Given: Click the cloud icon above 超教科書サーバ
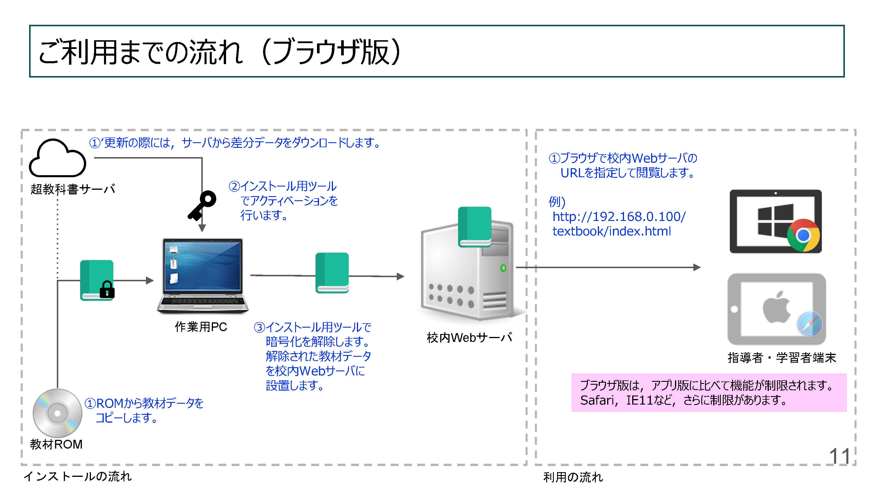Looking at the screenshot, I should [58, 159].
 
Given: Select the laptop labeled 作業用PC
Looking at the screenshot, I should [203, 275].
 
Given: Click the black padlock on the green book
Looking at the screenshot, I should [107, 290].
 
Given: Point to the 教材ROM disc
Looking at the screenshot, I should [57, 413].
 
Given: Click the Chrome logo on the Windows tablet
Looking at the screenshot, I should [803, 235].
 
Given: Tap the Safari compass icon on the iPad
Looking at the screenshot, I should [809, 324].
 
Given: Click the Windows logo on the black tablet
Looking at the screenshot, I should [775, 220].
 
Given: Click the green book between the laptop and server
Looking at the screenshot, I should [332, 273].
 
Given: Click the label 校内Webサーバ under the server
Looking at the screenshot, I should [469, 338].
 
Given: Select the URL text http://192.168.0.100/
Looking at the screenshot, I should [619, 217].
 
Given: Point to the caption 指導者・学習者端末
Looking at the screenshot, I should [782, 358].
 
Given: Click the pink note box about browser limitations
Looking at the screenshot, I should [709, 393].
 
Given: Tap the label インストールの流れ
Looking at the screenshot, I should [77, 476].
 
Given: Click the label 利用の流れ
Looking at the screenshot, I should [573, 477].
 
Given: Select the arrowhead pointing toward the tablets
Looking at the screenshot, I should [697, 268].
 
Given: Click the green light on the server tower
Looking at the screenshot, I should [503, 268].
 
